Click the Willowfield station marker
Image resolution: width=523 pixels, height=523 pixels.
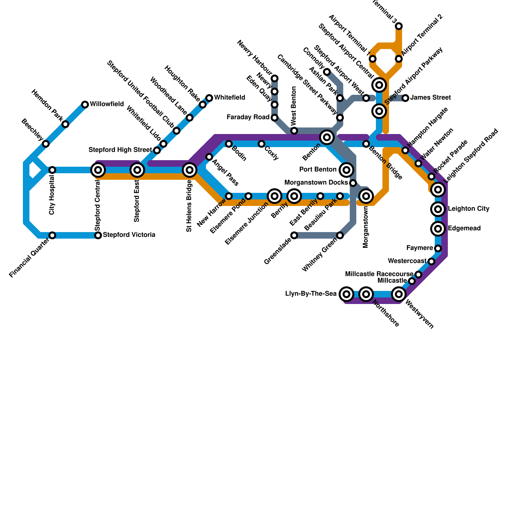(x=85, y=105)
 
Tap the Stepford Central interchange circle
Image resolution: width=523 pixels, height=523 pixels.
(x=98, y=170)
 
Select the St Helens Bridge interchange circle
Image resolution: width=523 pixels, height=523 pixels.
(x=190, y=170)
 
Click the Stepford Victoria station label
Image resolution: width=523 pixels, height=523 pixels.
(x=129, y=235)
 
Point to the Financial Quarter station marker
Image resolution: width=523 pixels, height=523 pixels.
(x=52, y=235)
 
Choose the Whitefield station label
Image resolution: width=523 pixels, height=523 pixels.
(x=229, y=98)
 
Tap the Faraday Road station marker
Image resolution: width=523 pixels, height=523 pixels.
(x=275, y=118)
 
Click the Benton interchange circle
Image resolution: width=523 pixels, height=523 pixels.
(x=327, y=137)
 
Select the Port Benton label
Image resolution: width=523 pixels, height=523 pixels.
(x=318, y=170)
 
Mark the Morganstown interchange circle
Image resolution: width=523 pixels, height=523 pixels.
(x=366, y=196)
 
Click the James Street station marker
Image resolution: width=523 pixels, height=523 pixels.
(x=405, y=98)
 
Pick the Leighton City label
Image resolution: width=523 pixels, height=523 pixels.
(x=468, y=209)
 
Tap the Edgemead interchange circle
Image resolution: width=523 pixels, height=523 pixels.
(x=438, y=229)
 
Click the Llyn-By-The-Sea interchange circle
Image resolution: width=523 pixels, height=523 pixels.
(x=346, y=294)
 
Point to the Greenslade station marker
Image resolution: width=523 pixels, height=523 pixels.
(x=294, y=235)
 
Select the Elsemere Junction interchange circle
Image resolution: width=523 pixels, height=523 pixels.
(x=275, y=196)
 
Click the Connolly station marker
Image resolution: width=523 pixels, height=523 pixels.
(x=327, y=72)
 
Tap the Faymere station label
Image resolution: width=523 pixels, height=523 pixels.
(x=419, y=248)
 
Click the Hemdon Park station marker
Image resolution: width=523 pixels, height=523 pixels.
(x=65, y=124)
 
